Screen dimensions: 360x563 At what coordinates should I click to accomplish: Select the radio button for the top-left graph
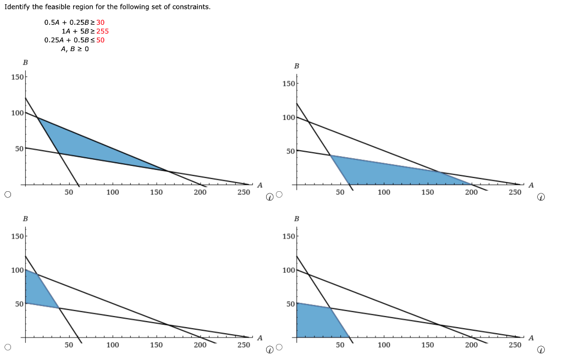(x=8, y=194)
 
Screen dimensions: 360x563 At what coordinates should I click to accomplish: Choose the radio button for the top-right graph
(x=279, y=194)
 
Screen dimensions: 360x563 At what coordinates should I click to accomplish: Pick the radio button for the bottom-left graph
(x=8, y=347)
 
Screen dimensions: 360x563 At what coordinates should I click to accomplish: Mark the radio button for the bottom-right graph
(x=279, y=347)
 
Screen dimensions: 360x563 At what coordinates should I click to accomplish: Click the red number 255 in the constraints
(x=102, y=31)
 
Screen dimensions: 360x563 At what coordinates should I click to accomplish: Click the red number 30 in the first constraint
(x=100, y=23)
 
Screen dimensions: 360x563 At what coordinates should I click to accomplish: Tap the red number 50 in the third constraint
(x=100, y=40)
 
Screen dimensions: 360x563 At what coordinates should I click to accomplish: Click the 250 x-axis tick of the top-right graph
(x=515, y=192)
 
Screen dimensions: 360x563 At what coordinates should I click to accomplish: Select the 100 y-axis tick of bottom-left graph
(x=17, y=270)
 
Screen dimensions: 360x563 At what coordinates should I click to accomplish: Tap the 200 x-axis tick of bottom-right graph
(x=471, y=345)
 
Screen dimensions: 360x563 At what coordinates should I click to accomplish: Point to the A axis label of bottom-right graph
(x=531, y=338)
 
